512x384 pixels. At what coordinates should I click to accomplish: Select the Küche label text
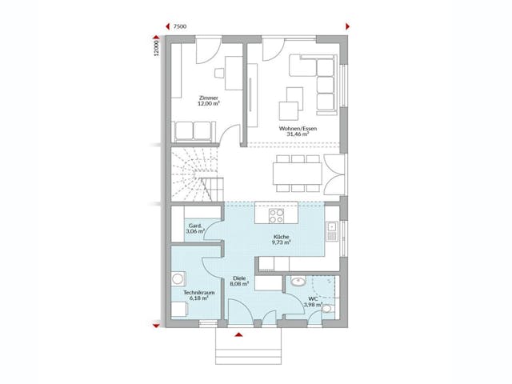tap(281, 238)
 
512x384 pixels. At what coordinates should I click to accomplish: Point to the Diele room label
tap(238, 277)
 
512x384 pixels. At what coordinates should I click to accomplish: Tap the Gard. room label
tap(194, 226)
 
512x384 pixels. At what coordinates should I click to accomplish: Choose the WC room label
tap(312, 299)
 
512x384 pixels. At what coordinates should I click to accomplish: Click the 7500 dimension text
tap(181, 27)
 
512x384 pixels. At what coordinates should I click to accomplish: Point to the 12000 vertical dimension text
tap(158, 49)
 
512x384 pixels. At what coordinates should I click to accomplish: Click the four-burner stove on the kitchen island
tap(276, 216)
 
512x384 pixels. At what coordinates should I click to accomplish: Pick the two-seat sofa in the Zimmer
tap(193, 130)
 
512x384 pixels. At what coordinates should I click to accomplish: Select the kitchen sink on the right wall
tap(332, 232)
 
